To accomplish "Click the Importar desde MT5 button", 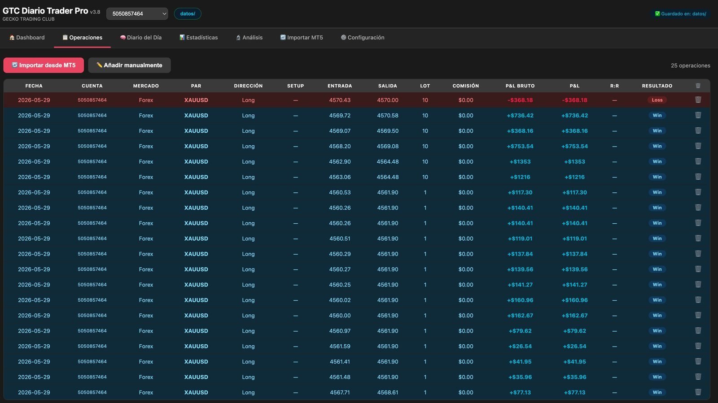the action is [44, 65].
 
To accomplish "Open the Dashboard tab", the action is [27, 38].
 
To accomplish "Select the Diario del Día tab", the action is [141, 38].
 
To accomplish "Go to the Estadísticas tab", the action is [198, 38].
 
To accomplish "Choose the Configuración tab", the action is [362, 38].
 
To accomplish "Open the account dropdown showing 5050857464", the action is [137, 14].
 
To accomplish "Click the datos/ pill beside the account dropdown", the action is [188, 14].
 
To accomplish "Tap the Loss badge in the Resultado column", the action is [657, 100].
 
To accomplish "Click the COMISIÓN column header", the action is [465, 86].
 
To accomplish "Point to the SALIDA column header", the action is [388, 86].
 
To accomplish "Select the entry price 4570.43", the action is [340, 100].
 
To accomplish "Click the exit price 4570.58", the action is [388, 116].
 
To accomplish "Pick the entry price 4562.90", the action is [340, 162].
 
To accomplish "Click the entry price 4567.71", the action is [340, 392].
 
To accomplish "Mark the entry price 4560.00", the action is [340, 316].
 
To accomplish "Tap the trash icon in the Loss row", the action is [698, 100].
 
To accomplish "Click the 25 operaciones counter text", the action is [691, 65].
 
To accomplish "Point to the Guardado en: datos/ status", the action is [680, 14].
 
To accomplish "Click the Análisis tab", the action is [249, 38].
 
